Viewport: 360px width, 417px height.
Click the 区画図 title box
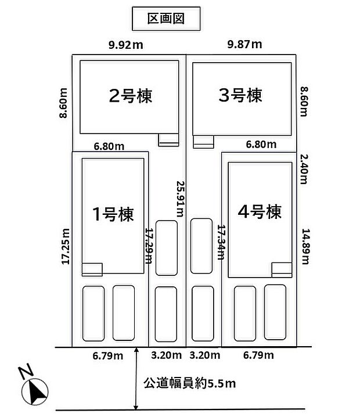[166, 19]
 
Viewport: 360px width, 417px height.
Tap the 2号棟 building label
[131, 95]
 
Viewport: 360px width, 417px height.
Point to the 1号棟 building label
[114, 214]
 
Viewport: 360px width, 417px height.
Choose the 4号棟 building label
[260, 212]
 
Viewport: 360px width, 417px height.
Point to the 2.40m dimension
[303, 168]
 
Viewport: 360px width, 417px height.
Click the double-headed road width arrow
[135, 379]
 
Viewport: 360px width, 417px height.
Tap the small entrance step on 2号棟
[169, 139]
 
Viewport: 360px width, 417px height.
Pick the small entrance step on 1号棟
[92, 269]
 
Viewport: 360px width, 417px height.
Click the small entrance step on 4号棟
[282, 269]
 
